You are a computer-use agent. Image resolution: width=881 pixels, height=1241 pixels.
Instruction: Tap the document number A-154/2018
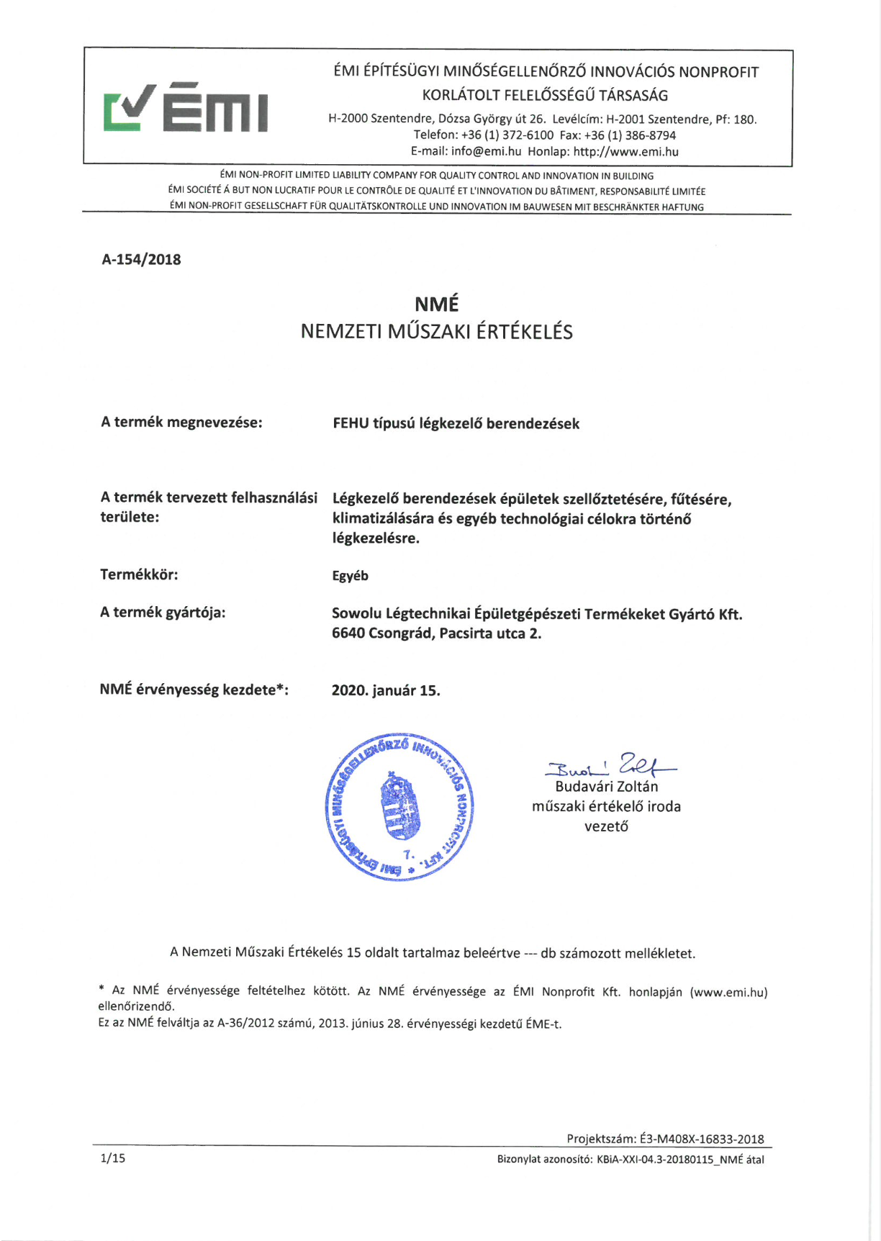(141, 260)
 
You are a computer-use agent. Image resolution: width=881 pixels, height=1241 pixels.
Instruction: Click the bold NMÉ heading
(436, 304)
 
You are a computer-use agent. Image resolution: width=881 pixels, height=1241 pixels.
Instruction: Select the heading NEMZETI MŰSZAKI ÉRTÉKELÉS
(436, 332)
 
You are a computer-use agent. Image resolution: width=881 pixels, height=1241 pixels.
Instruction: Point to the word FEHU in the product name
(351, 424)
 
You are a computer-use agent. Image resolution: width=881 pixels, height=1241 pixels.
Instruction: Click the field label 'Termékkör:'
(139, 574)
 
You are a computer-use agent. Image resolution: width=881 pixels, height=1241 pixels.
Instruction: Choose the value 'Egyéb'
(350, 576)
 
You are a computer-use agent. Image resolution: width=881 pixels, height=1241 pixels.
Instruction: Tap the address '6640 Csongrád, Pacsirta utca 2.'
(436, 634)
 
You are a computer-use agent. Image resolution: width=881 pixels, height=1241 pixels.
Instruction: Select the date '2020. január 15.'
(386, 691)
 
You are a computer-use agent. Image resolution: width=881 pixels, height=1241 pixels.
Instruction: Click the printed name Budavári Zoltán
(606, 787)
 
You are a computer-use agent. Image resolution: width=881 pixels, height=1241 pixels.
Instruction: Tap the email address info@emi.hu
(486, 152)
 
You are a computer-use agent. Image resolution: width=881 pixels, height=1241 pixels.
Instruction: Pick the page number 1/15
(112, 1158)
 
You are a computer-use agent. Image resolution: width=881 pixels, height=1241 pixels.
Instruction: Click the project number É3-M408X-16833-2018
(702, 1139)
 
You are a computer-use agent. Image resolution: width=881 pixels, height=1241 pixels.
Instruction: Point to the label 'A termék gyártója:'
(163, 613)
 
